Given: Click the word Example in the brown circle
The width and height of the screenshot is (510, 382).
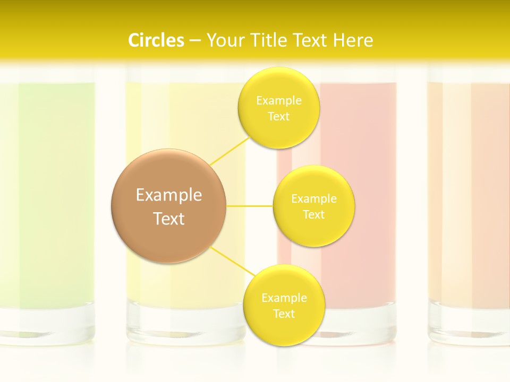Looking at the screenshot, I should pos(169,195).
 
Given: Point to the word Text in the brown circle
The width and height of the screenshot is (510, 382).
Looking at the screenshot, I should pos(169,219).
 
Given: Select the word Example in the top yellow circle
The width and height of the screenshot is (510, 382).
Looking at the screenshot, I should pos(278,101).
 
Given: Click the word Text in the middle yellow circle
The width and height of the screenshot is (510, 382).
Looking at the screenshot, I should pos(314,215).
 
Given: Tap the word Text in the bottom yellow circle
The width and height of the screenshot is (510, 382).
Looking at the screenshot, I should pos(284,314).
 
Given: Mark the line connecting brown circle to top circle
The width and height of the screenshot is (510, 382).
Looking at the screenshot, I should pos(229,151).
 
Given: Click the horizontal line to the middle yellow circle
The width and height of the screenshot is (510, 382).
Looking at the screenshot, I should pos(250,205).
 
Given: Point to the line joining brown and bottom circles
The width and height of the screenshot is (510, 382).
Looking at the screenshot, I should pos(232,261).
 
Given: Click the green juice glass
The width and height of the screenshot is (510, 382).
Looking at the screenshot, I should pos(48,202).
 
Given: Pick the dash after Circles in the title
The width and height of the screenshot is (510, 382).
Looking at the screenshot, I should pos(194,41).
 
